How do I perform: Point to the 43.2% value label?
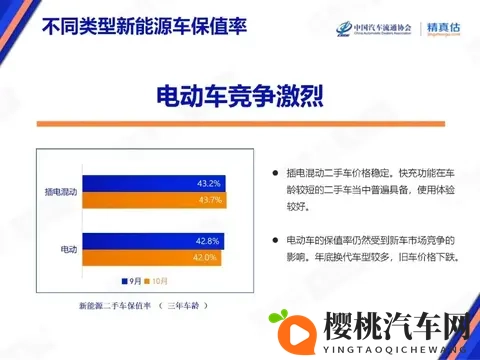pos(208,183)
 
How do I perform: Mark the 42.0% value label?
pos(204,257)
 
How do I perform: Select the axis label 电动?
pos(69,249)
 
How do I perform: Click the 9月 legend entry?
pos(131,280)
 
